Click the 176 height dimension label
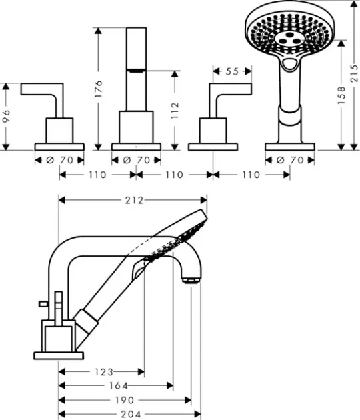tap(99, 89)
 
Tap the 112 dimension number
tap(175, 110)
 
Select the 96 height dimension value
tap(6, 116)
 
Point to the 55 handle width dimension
tap(232, 71)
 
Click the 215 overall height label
tap(355, 73)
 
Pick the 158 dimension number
tap(341, 95)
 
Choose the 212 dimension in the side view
tap(134, 201)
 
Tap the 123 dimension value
tap(104, 372)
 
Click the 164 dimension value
tap(119, 386)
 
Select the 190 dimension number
tap(124, 400)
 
